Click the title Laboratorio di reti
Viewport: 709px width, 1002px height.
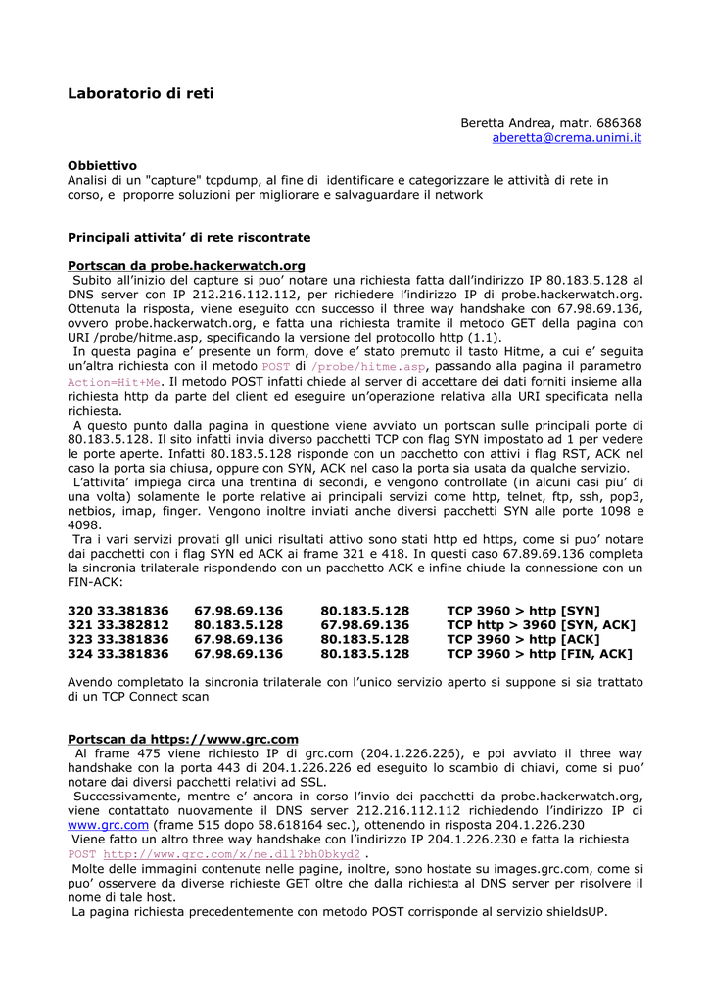point(140,94)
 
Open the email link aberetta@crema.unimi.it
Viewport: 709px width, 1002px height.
point(566,139)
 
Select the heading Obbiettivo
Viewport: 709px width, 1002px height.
point(102,166)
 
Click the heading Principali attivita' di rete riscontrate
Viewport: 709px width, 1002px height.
point(189,237)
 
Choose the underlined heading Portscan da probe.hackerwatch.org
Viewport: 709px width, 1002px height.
point(186,266)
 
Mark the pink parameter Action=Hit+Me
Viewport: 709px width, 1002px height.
point(114,382)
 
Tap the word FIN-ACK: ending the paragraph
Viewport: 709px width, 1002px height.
point(95,581)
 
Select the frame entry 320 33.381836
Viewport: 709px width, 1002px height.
point(118,610)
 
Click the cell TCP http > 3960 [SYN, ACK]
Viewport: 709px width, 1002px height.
point(541,624)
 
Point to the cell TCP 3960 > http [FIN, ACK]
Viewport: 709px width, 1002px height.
point(539,654)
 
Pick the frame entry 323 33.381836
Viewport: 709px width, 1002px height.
point(118,639)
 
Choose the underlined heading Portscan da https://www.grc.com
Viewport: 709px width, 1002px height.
point(182,739)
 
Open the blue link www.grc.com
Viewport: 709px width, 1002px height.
point(108,825)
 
